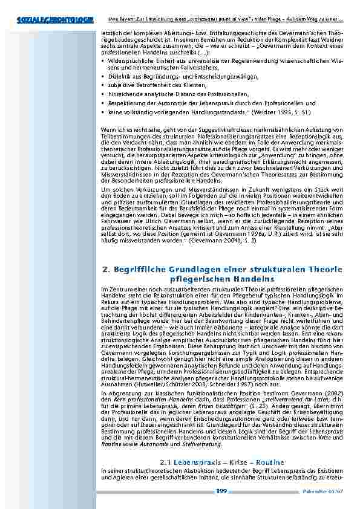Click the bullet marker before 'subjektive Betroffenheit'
tap(104, 86)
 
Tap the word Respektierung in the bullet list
tap(125, 103)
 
